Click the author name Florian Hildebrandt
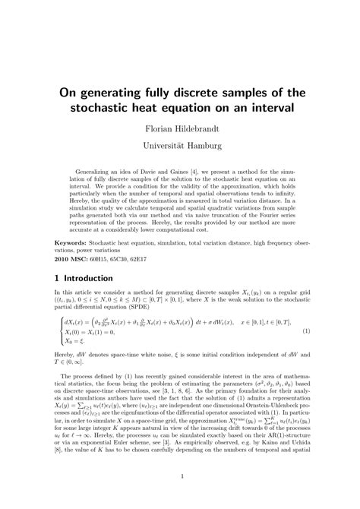[179, 120]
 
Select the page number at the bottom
[179, 477]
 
